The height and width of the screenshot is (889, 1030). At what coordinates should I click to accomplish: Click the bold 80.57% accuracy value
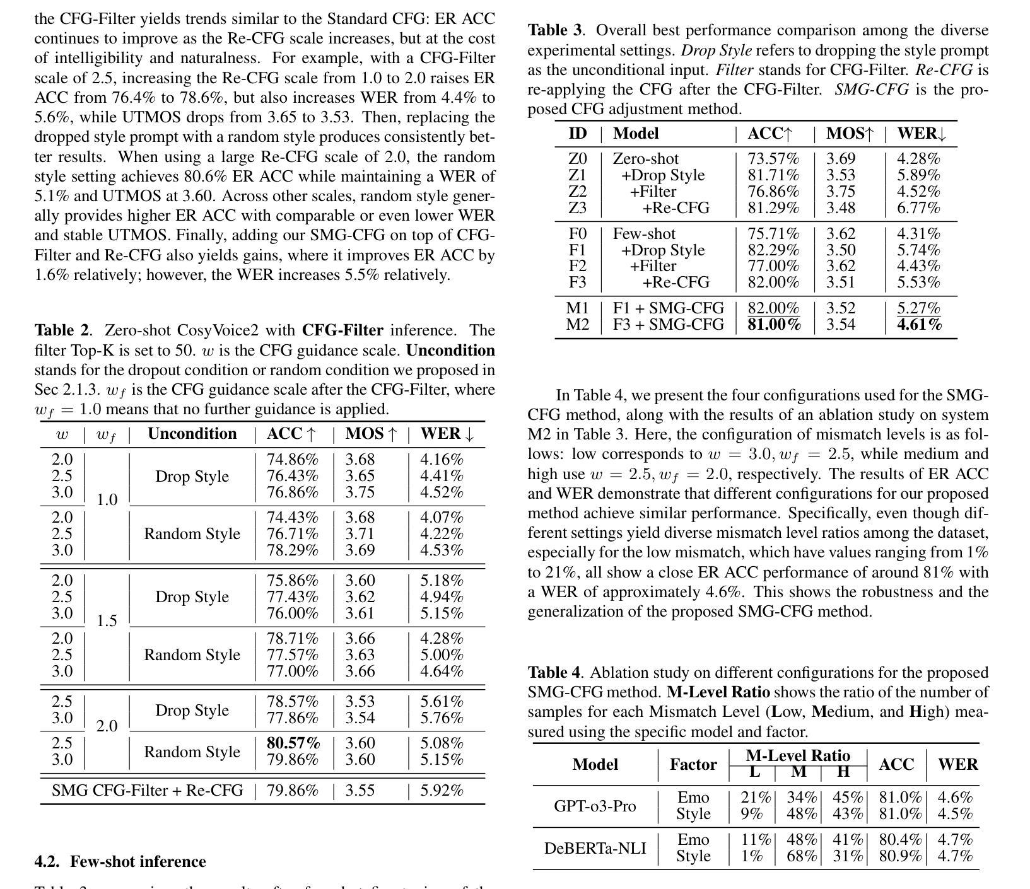[293, 743]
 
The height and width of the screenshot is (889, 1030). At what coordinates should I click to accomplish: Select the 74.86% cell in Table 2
[293, 460]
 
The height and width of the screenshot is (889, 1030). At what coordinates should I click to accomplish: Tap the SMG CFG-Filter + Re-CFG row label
[147, 790]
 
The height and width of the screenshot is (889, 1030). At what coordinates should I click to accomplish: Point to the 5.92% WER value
[442, 790]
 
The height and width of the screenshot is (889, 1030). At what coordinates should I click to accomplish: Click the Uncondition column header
[192, 434]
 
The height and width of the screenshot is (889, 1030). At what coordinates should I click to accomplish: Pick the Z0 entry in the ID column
[577, 159]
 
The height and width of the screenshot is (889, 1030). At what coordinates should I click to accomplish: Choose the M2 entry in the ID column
[577, 325]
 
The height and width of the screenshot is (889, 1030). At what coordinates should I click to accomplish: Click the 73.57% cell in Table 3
[773, 159]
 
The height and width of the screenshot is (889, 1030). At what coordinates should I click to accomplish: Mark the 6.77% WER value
[918, 207]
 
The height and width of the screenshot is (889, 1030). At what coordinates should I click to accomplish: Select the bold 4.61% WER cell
[919, 325]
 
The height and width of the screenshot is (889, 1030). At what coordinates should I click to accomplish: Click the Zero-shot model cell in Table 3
[646, 159]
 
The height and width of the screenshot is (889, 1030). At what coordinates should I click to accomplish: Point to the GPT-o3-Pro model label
[595, 806]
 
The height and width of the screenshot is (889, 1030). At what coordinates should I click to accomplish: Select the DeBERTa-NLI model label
[595, 848]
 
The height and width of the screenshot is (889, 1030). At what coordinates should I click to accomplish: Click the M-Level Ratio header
[798, 755]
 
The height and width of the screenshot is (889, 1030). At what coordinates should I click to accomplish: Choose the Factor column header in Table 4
[693, 765]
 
